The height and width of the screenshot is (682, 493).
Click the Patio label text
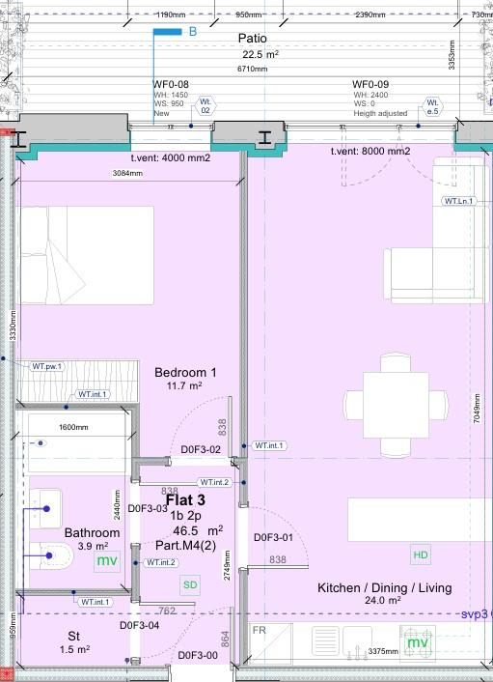click(258, 38)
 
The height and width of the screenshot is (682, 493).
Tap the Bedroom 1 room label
click(185, 373)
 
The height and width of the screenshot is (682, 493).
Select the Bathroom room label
click(92, 533)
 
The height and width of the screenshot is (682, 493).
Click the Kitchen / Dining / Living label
click(384, 587)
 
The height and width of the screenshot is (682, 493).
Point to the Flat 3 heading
click(185, 500)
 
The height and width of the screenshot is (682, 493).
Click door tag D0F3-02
click(202, 450)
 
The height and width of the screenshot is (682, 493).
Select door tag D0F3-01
click(273, 538)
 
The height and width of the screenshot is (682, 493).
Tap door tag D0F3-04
click(139, 626)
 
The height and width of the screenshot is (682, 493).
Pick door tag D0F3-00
click(198, 657)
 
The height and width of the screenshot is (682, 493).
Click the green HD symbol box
click(421, 555)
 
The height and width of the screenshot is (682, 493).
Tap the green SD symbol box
click(190, 584)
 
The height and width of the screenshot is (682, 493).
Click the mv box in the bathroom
click(105, 560)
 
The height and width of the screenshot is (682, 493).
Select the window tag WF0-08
click(171, 84)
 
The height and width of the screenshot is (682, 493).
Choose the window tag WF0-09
click(370, 84)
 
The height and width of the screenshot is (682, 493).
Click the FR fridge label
click(260, 631)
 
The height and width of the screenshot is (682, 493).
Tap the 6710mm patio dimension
click(253, 69)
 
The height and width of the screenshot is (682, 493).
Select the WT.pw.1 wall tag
click(46, 366)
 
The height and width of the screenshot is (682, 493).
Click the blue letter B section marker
click(192, 32)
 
